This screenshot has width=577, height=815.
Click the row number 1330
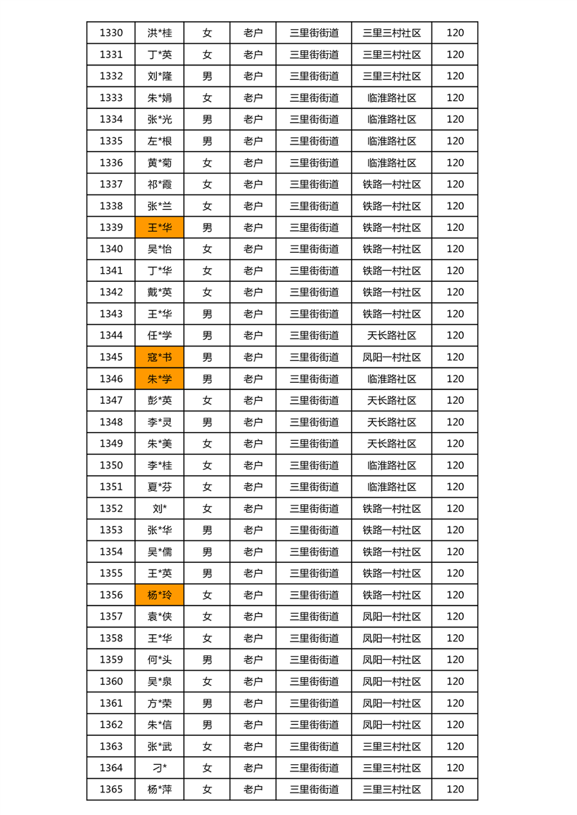click(111, 33)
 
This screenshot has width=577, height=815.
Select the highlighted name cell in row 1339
click(160, 227)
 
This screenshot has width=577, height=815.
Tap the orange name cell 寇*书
click(160, 357)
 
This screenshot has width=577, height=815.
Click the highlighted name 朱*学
click(160, 378)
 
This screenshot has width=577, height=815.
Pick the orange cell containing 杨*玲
click(160, 595)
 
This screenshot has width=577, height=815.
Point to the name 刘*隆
click(160, 76)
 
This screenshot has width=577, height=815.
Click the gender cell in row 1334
click(207, 119)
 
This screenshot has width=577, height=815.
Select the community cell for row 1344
click(392, 336)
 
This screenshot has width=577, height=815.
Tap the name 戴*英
click(160, 292)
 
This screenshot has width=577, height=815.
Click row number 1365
click(111, 790)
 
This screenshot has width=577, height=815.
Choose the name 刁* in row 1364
click(160, 768)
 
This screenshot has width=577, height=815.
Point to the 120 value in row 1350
click(455, 465)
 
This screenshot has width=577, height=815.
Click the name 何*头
click(160, 660)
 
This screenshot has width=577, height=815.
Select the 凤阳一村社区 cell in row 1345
click(392, 357)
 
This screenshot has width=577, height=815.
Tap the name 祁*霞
click(160, 184)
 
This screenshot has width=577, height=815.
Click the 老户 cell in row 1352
click(253, 508)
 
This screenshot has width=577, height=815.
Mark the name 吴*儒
click(160, 551)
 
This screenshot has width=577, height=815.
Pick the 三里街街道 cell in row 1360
click(314, 681)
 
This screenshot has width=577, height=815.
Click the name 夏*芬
click(160, 487)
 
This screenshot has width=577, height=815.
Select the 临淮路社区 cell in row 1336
click(392, 163)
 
